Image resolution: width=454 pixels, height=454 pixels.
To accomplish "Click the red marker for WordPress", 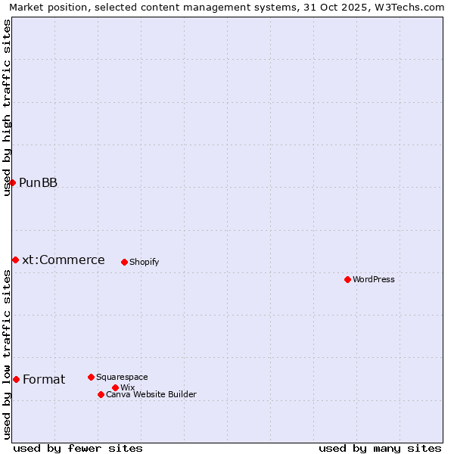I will [347, 279].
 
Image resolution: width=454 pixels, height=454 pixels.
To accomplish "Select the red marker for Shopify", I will [124, 262].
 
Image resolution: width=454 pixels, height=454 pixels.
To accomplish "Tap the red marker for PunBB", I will [12, 182].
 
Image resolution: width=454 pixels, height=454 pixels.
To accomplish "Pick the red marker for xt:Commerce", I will [15, 260].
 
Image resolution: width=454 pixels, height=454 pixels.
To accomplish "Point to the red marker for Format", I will [16, 379].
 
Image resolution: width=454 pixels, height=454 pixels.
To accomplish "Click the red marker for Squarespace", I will [91, 377].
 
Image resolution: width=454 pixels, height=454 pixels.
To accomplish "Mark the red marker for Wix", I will [115, 387].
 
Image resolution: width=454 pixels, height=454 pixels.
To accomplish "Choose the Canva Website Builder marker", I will [101, 394].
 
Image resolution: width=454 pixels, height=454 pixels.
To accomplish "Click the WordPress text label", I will [374, 279].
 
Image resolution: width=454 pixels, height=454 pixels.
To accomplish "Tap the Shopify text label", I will [144, 262].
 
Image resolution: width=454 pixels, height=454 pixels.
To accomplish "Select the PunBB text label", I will [38, 182].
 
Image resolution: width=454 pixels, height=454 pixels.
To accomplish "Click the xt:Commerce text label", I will [64, 260].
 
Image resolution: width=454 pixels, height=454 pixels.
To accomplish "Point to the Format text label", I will [44, 379].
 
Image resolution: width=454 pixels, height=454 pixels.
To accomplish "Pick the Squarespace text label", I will [122, 377].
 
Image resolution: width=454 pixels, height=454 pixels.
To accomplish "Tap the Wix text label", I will [127, 387].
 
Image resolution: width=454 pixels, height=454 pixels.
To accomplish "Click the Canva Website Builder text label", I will [151, 394].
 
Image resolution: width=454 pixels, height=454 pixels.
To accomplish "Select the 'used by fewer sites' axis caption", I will [78, 448].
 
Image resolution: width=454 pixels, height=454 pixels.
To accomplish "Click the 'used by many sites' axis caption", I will [380, 448].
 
